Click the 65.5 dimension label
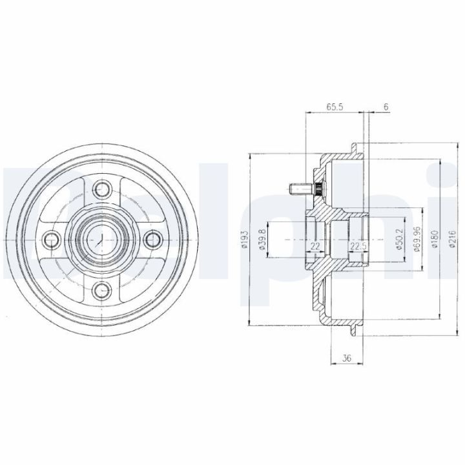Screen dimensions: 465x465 coord(335,107)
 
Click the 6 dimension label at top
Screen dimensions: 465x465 coord(386,107)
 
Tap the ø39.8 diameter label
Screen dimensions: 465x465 coord(262,239)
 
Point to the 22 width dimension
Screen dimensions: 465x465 coord(315,246)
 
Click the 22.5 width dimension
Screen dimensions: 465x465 coord(358,246)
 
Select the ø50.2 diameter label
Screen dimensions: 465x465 coord(400,239)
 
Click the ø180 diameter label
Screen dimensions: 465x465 coord(435,239)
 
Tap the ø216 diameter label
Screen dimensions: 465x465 coord(452,239)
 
